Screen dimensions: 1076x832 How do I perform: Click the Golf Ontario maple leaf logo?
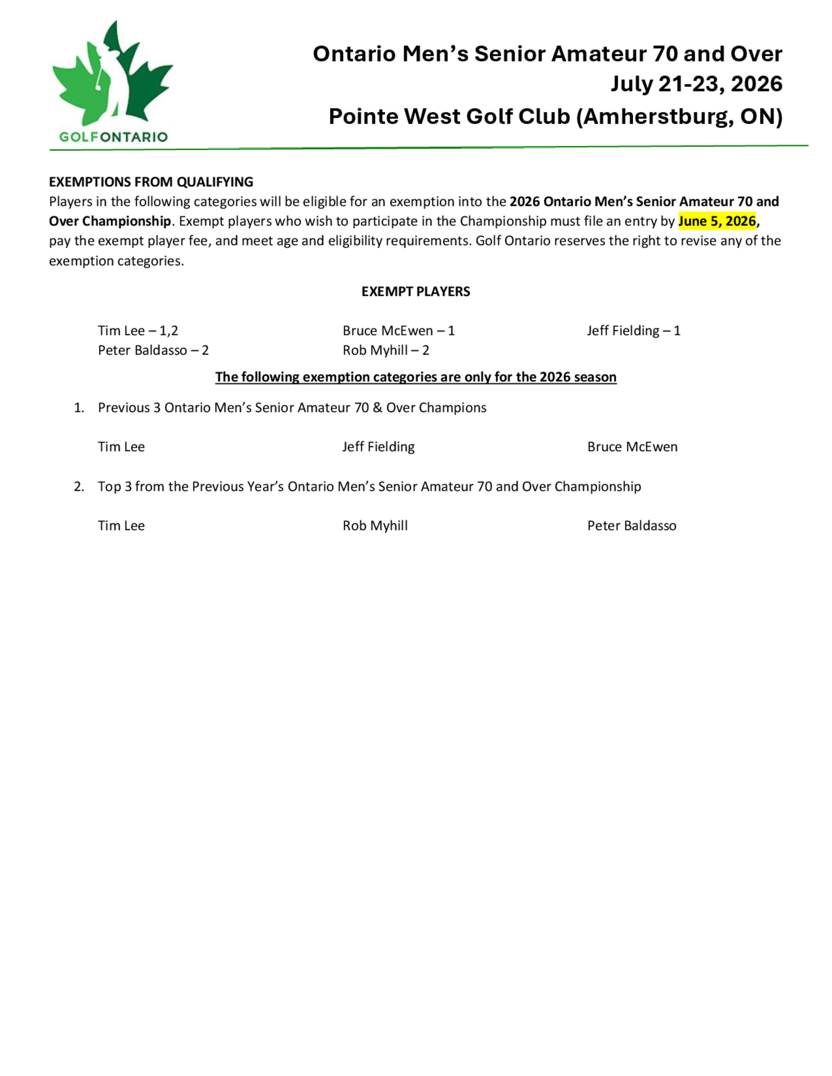112,74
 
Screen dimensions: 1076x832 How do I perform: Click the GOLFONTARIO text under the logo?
114,137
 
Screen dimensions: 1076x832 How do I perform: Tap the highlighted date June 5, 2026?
717,221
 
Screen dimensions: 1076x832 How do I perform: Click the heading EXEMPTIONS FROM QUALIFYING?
151,182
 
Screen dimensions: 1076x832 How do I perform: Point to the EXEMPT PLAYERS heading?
416,292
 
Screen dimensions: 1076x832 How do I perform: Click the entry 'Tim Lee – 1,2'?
138,331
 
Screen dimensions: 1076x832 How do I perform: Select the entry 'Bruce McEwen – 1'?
398,331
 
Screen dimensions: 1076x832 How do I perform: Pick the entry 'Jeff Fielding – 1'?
634,331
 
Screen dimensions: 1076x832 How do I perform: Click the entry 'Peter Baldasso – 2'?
153,350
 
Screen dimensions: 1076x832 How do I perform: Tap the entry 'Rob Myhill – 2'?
386,350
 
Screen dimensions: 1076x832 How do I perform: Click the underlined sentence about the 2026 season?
416,377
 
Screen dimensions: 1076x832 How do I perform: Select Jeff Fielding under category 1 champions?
379,447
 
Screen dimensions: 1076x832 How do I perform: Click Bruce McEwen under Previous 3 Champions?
632,447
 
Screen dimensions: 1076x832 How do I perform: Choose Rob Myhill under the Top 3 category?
375,526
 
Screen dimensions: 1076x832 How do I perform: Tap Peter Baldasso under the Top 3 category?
631,526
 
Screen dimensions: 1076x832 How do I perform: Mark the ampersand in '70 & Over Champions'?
378,408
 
